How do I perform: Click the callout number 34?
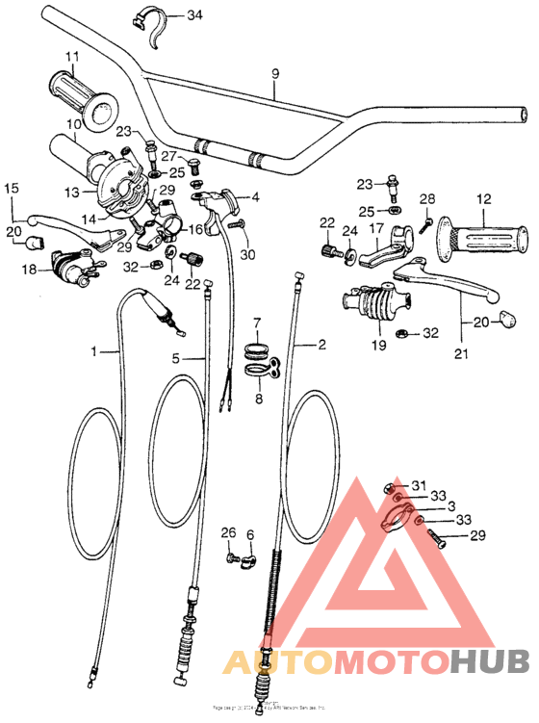[x=194, y=15]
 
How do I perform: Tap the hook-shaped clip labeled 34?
[x=160, y=26]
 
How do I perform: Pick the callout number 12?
[x=484, y=198]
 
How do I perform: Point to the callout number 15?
[x=12, y=189]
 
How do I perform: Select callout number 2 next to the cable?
[x=322, y=344]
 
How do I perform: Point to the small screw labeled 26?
[x=231, y=557]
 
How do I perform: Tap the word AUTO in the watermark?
[x=265, y=662]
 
